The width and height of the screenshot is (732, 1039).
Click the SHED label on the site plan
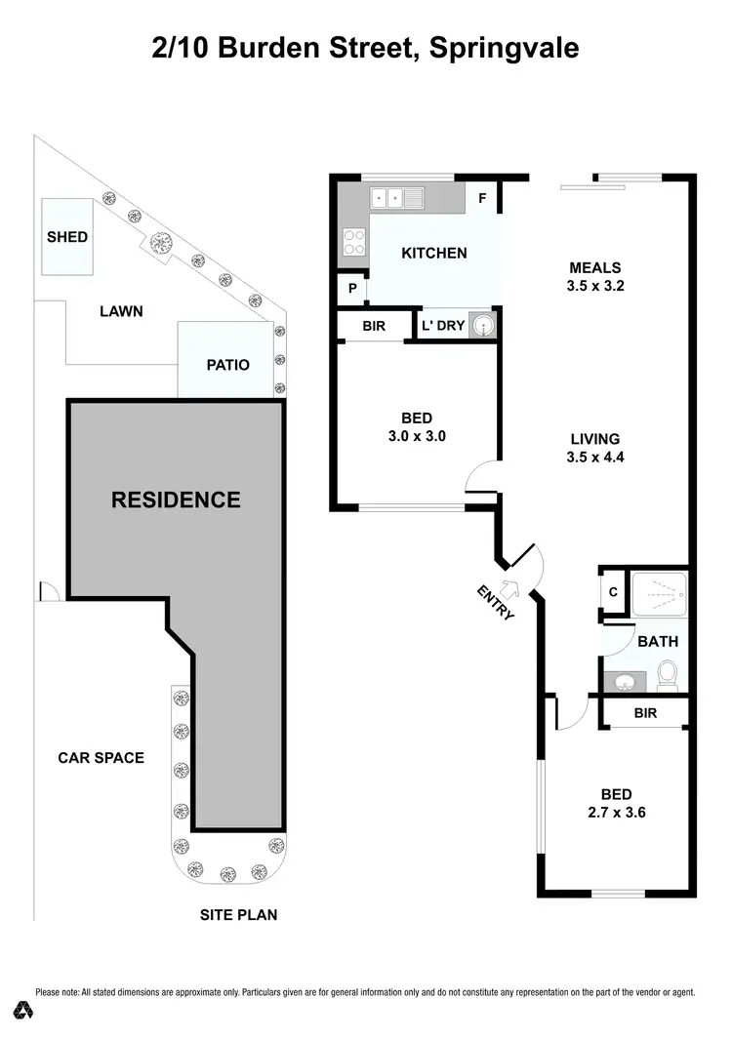tap(67, 237)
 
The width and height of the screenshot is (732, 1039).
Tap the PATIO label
tap(227, 365)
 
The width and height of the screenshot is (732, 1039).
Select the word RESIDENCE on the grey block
tap(176, 500)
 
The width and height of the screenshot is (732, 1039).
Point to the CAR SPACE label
tap(101, 757)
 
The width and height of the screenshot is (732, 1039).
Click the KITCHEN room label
tap(434, 253)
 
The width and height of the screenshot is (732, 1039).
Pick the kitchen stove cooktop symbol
tap(352, 241)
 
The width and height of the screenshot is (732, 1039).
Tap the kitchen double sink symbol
tap(396, 199)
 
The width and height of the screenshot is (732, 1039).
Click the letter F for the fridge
tap(481, 198)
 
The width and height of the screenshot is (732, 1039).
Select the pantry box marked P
tap(351, 289)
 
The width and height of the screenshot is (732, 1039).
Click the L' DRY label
tap(443, 326)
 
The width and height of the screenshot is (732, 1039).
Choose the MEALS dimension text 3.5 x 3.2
tap(595, 287)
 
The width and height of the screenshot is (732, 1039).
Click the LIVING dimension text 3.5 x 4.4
tap(594, 457)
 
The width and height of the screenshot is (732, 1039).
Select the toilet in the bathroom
tap(668, 673)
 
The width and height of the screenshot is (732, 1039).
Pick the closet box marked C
tap(613, 591)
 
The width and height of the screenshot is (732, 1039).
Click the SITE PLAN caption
tap(239, 915)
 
